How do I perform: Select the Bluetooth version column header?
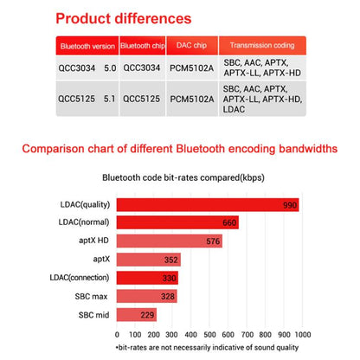87,46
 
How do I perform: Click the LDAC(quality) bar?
208,205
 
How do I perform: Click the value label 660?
229,223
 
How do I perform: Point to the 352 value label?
170,260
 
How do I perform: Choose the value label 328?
168,297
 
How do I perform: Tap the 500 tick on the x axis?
208,333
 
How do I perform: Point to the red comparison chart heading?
180,148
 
